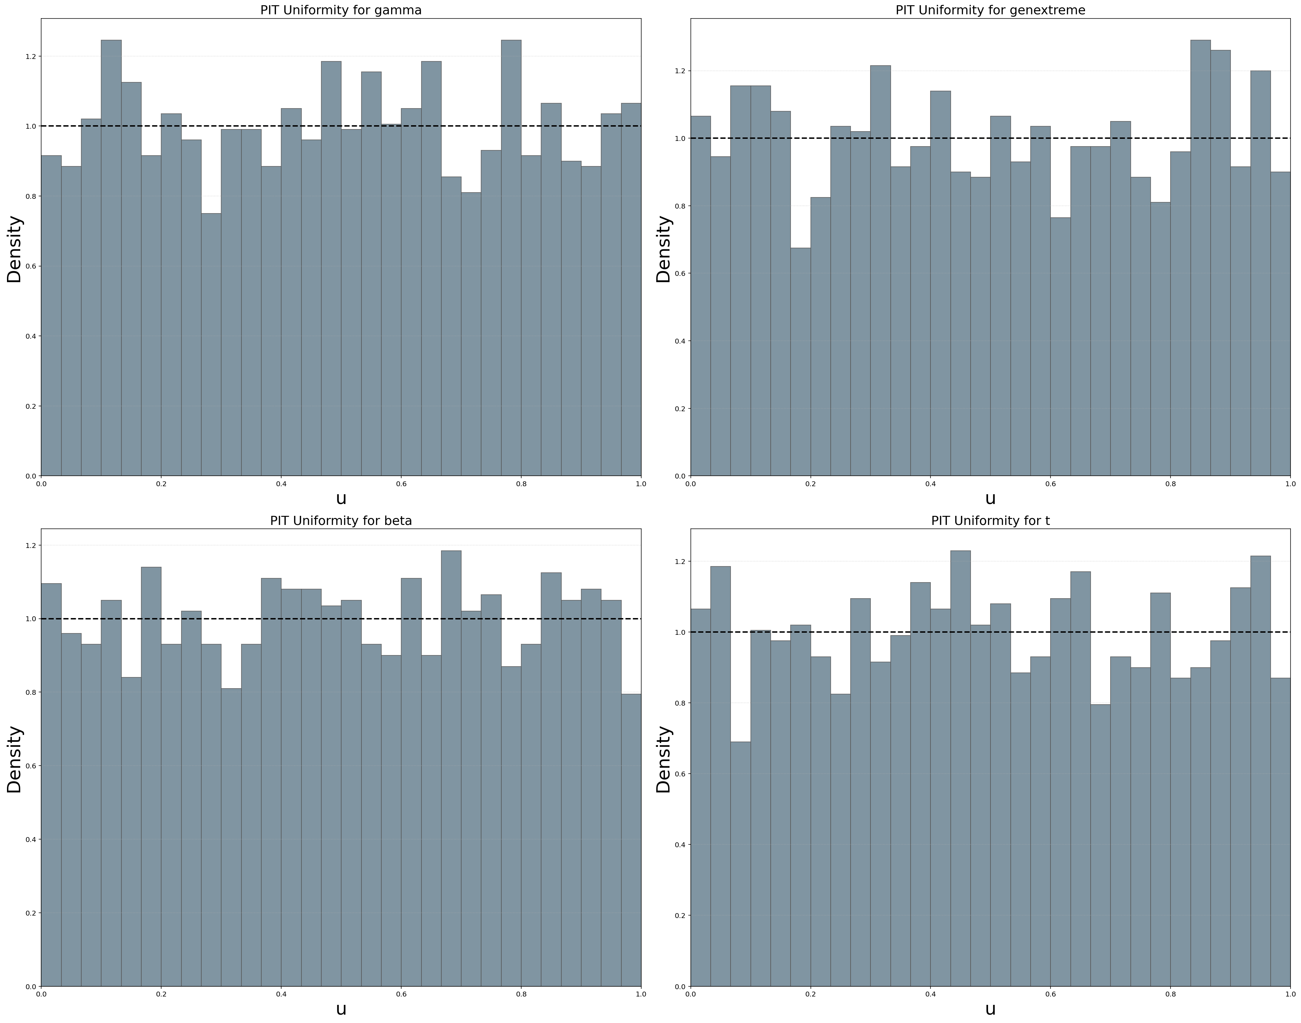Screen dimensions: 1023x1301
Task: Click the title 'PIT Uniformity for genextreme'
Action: (990, 10)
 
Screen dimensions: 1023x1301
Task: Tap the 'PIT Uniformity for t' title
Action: (990, 520)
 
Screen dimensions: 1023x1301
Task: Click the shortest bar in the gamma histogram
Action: (211, 344)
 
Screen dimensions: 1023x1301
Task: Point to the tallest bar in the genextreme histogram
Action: (1201, 257)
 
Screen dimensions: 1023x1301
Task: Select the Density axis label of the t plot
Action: (664, 759)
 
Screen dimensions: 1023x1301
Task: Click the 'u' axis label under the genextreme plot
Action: (990, 498)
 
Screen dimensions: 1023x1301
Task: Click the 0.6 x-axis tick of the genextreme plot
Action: (1050, 483)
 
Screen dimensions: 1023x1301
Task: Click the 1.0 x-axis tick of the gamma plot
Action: (640, 483)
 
